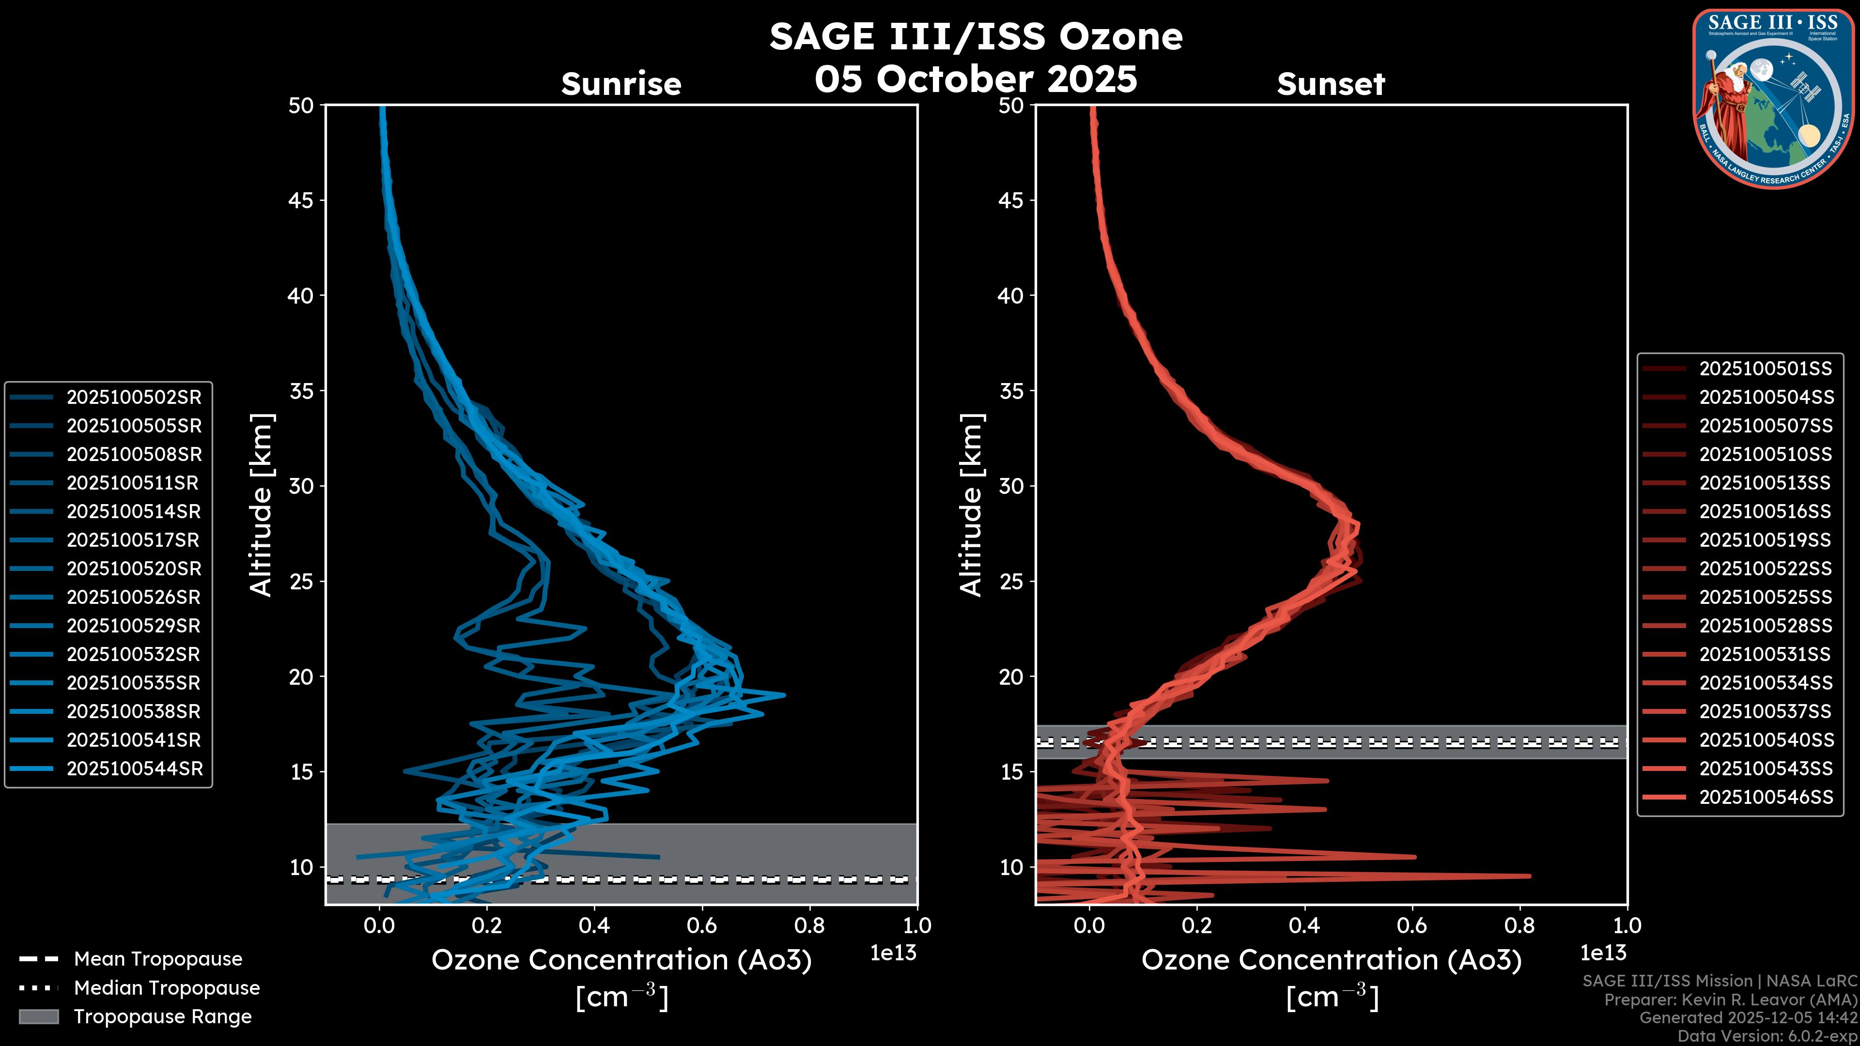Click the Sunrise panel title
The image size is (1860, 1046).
point(621,84)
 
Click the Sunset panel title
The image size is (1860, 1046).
point(1331,84)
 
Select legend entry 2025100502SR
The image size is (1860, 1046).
point(134,397)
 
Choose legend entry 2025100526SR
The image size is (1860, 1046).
point(134,597)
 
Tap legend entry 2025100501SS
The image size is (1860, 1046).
point(1766,369)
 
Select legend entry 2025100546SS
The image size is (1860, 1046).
point(1766,797)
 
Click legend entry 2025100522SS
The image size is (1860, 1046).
point(1766,569)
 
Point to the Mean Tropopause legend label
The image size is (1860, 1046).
point(158,959)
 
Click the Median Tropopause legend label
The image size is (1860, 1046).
point(167,987)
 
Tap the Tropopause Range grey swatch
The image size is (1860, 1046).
point(38,1016)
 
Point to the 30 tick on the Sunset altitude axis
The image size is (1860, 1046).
point(1011,486)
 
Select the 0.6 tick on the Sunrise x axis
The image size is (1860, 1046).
point(702,925)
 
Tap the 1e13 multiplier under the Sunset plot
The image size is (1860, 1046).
point(1603,953)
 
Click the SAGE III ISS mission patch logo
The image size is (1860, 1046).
point(1773,99)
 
